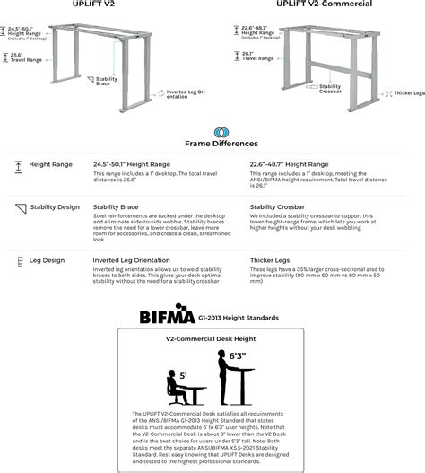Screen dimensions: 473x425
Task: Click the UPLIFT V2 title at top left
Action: (x=96, y=4)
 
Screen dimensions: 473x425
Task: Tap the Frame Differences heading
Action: (x=221, y=143)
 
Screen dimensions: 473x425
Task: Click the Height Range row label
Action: (x=51, y=165)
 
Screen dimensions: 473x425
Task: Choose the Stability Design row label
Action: (x=56, y=207)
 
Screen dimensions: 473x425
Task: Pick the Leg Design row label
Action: (x=48, y=260)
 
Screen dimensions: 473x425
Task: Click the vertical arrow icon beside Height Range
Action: (x=20, y=166)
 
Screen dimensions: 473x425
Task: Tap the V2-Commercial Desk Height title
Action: (x=212, y=338)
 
